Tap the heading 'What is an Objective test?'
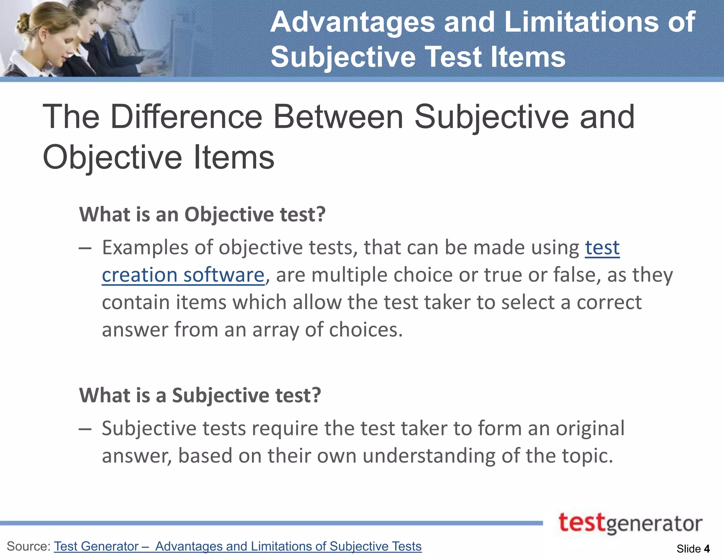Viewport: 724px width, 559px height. click(202, 214)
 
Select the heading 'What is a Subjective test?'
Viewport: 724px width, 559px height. click(200, 395)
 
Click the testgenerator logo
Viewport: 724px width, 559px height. click(630, 524)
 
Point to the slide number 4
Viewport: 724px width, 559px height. click(707, 549)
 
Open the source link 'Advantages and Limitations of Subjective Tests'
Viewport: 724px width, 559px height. click(288, 546)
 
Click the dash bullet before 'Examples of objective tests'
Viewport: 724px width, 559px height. click(85, 249)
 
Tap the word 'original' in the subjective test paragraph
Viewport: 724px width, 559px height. click(590, 428)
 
